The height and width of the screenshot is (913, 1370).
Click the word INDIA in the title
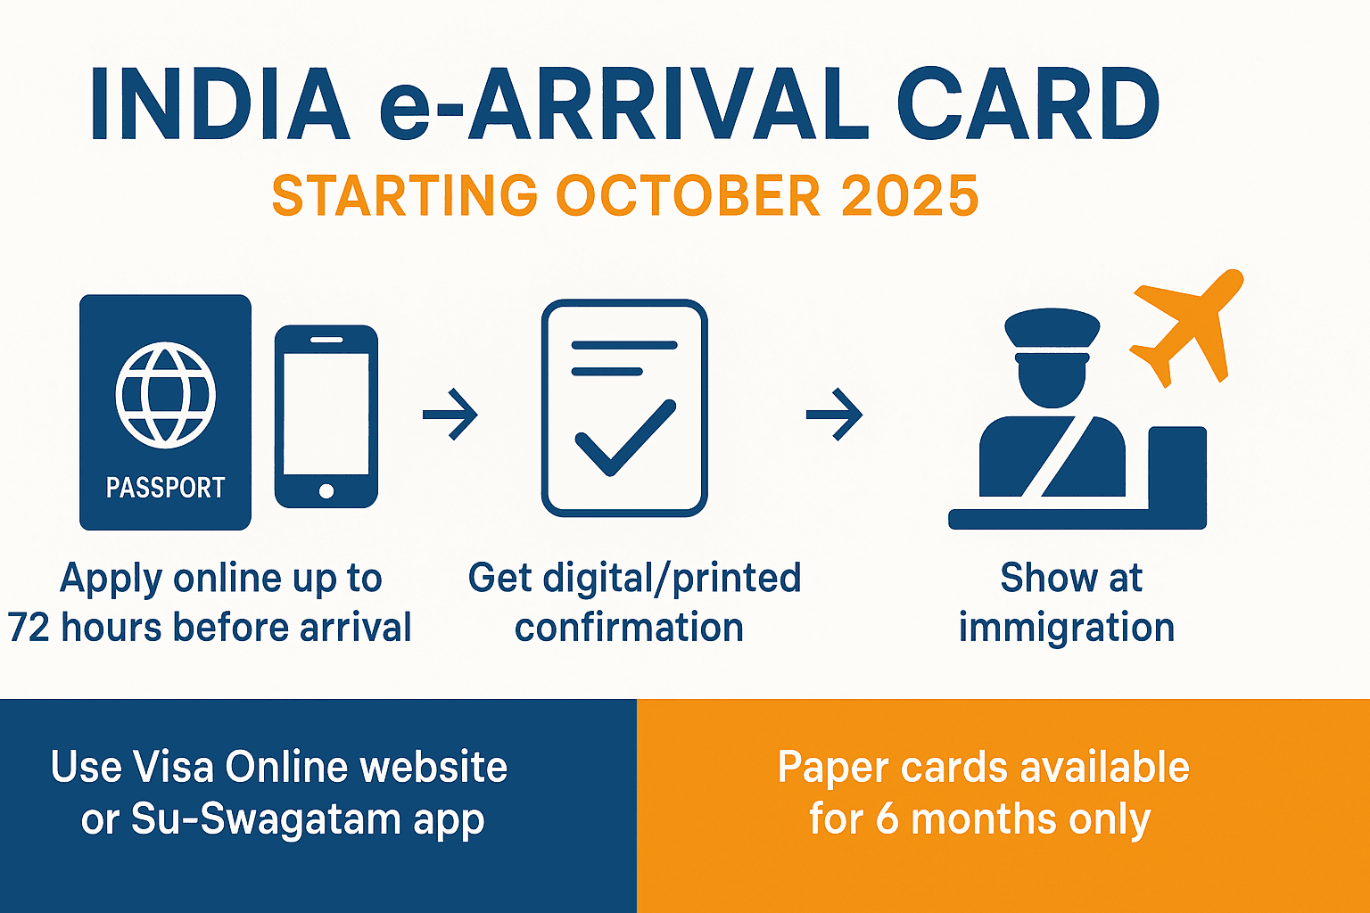coord(219,105)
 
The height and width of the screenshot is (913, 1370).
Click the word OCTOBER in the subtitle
coord(688,196)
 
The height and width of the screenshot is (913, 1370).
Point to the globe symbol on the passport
coord(165,395)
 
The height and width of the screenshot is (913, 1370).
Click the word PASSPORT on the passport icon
coord(165,488)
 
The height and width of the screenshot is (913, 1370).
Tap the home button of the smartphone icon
coord(326,490)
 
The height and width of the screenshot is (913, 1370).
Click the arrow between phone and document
coord(450,414)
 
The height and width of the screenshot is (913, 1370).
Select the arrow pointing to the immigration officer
coord(835,414)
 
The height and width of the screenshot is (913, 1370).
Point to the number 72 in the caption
coord(29,628)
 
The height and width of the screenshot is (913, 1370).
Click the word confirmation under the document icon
coord(629,628)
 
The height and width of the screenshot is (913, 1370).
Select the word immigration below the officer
coord(1067,628)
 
